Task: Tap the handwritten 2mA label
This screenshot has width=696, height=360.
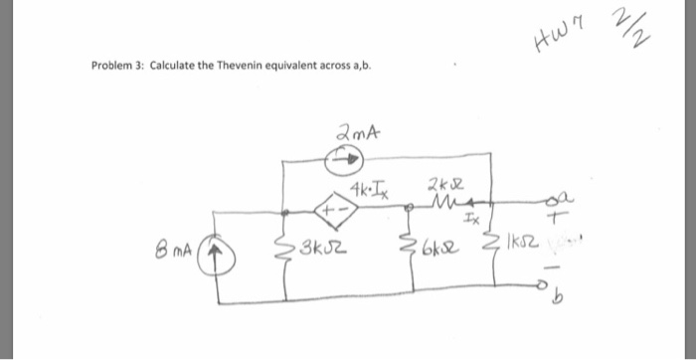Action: click(x=354, y=131)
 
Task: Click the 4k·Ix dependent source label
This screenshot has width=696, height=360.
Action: click(x=370, y=186)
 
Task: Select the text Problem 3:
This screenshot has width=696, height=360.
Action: click(x=117, y=68)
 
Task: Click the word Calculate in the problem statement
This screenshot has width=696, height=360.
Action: click(x=173, y=68)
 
